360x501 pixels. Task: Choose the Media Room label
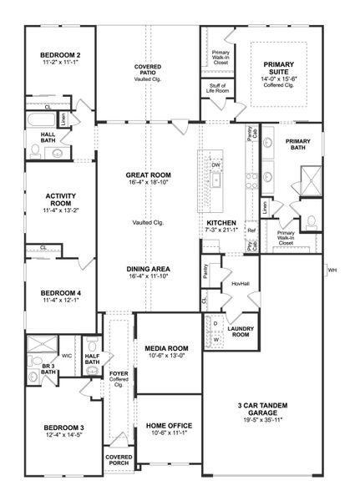coord(165,348)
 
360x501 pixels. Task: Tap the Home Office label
coord(165,425)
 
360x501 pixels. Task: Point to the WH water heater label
coord(332,271)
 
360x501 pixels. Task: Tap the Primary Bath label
coord(297,145)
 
